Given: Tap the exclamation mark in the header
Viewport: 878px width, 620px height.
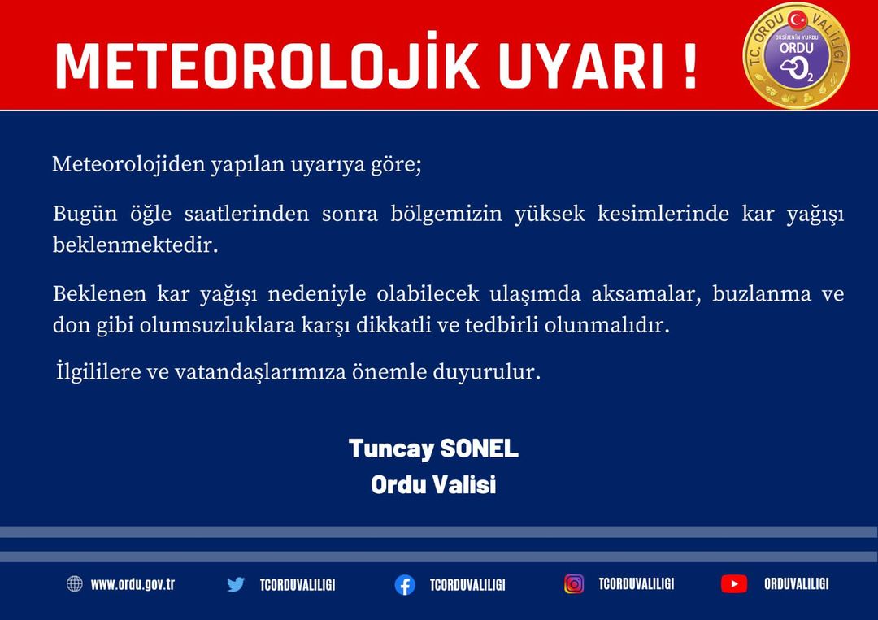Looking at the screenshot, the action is (690, 65).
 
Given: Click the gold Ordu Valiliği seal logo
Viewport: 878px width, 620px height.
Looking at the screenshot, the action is (796, 54).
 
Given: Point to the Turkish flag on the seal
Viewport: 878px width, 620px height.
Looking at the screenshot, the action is (797, 20).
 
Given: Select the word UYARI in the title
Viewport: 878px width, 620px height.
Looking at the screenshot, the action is (581, 65).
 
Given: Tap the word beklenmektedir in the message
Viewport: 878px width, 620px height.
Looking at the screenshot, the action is (135, 245).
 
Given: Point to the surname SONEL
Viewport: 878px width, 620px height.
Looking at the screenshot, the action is (480, 449).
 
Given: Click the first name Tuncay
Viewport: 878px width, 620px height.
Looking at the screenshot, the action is (391, 449).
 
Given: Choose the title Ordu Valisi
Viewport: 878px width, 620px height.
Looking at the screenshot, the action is (433, 484).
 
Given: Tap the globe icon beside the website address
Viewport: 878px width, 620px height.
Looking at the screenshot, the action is (75, 583).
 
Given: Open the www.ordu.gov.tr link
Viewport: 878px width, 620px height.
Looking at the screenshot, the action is (133, 585).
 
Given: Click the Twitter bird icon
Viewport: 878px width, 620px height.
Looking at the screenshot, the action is (236, 585).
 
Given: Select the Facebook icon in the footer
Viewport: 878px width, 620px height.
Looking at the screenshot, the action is (405, 585).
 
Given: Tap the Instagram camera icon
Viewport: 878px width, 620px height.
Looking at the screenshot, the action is (574, 584).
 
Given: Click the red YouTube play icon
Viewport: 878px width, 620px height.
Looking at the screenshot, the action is (734, 584).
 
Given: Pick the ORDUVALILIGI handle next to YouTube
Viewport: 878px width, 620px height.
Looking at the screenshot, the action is (796, 584).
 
